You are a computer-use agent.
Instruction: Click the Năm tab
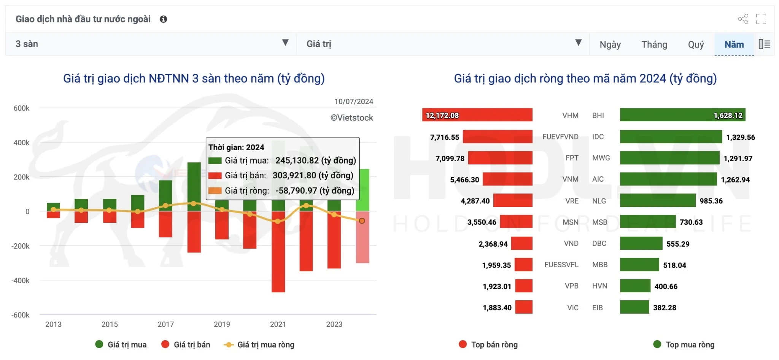pos(734,44)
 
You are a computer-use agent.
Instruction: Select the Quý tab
pos(696,44)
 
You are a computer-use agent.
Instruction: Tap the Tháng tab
pos(654,44)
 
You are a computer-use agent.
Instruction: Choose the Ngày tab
pos(610,44)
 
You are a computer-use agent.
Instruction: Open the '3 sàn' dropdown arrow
pos(285,43)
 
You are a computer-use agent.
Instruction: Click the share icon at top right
pos(743,19)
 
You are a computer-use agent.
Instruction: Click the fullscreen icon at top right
pos(761,19)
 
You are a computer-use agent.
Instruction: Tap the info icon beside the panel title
pos(164,19)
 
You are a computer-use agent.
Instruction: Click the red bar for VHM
pos(477,115)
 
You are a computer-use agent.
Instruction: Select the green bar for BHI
pos(682,115)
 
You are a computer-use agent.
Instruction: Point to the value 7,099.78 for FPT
pos(450,159)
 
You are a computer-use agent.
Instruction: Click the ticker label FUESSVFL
pos(561,265)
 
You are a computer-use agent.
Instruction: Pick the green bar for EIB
pos(634,307)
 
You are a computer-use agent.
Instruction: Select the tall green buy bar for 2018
pos(194,182)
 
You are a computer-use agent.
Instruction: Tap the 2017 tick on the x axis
pos(165,324)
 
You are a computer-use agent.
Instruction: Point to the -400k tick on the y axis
pos(21,281)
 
